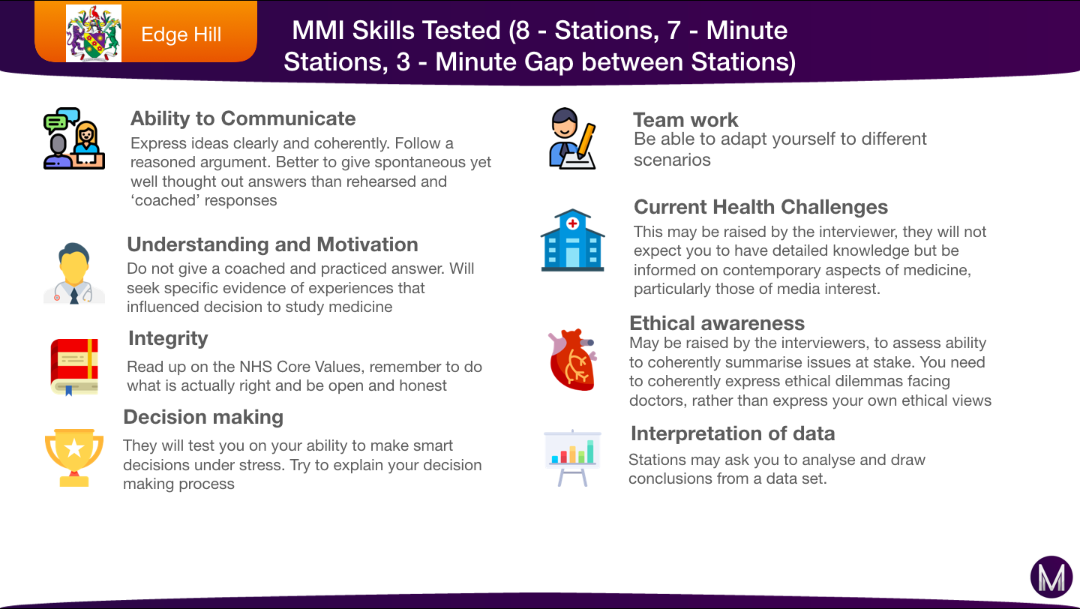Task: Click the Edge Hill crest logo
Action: tap(94, 33)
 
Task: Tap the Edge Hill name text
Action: tap(181, 34)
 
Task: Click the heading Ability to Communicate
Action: tap(243, 118)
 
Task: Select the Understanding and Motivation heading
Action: tap(272, 244)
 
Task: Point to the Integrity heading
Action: tap(168, 339)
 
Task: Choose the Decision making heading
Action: tap(203, 418)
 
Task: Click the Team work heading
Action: tap(685, 120)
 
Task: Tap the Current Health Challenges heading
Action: tap(760, 207)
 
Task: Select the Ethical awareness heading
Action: tap(717, 323)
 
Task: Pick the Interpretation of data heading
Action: tap(733, 434)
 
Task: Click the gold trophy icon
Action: tap(74, 457)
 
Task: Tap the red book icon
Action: tap(74, 367)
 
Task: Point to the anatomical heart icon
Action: tap(573, 360)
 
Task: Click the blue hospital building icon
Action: tap(573, 240)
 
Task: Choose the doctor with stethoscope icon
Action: tap(74, 274)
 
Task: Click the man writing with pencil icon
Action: tap(573, 139)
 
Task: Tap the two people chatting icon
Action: tap(74, 139)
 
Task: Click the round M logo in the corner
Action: tap(1051, 577)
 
